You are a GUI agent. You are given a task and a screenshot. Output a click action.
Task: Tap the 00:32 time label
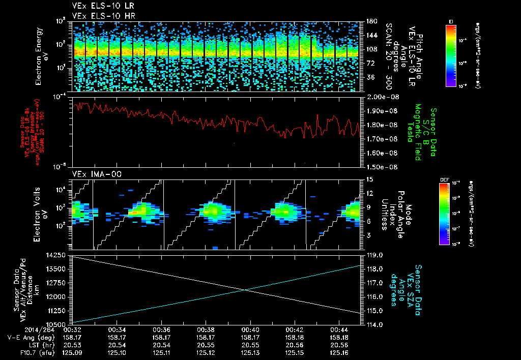tap(73, 329)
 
